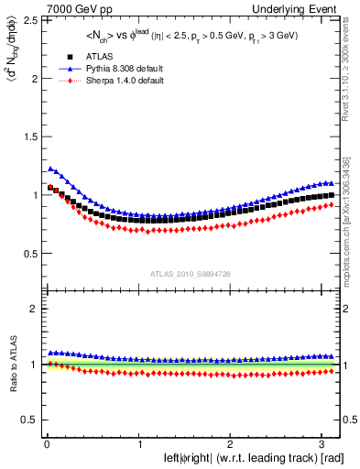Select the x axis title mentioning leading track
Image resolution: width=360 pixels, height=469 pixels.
tap(242, 458)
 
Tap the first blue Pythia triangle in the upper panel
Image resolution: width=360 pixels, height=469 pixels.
tap(49, 168)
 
